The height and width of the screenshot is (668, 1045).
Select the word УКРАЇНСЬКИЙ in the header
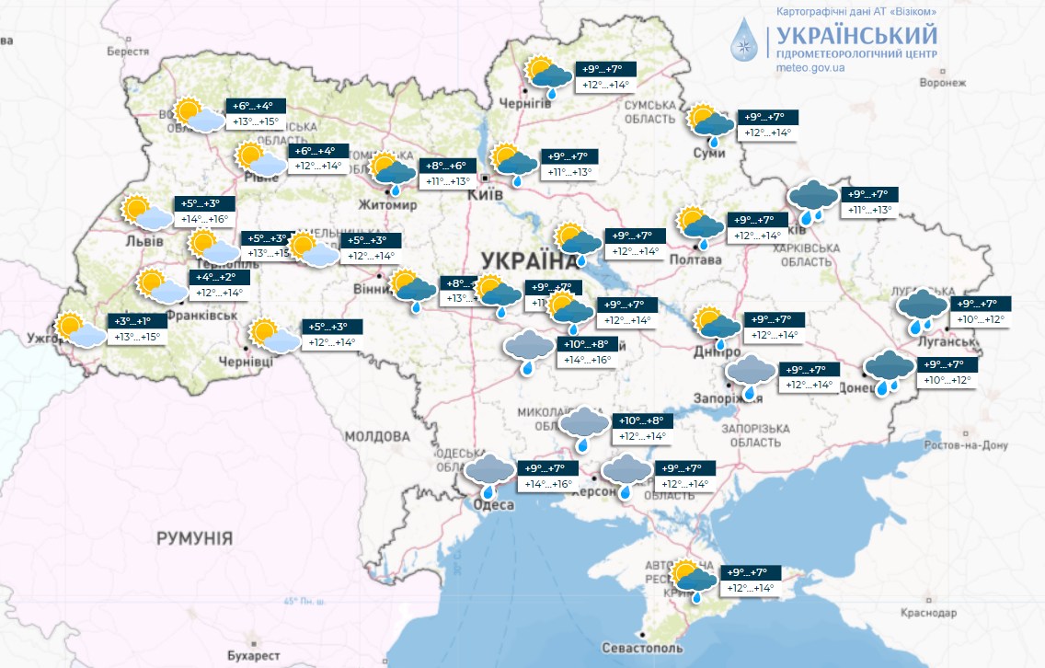(856, 36)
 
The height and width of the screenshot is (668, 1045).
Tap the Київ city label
(486, 195)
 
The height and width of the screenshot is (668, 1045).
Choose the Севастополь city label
(645, 647)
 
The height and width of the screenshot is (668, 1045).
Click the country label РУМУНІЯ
(194, 537)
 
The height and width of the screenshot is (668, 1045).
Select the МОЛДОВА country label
(376, 435)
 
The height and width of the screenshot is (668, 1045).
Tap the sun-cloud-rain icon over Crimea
(695, 580)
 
